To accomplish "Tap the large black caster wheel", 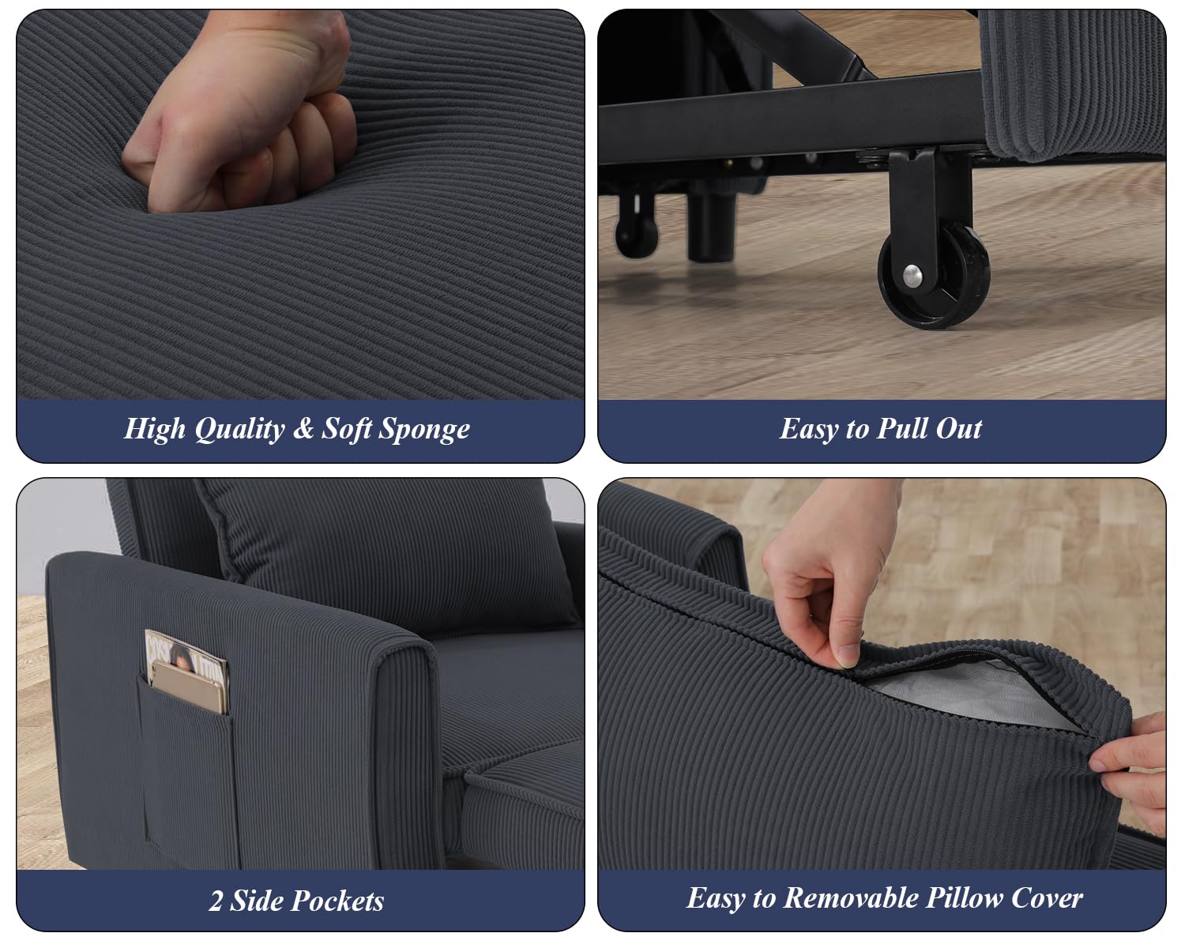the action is (933, 276).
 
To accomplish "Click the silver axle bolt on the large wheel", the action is (912, 276).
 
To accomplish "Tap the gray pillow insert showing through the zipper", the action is (969, 695).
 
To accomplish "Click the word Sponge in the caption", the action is (424, 430).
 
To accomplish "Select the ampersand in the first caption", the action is (303, 428).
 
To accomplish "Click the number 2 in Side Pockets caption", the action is (216, 901).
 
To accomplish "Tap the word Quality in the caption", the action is (239, 430).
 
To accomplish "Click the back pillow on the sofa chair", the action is (386, 551).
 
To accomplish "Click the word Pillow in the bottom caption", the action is (964, 898).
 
